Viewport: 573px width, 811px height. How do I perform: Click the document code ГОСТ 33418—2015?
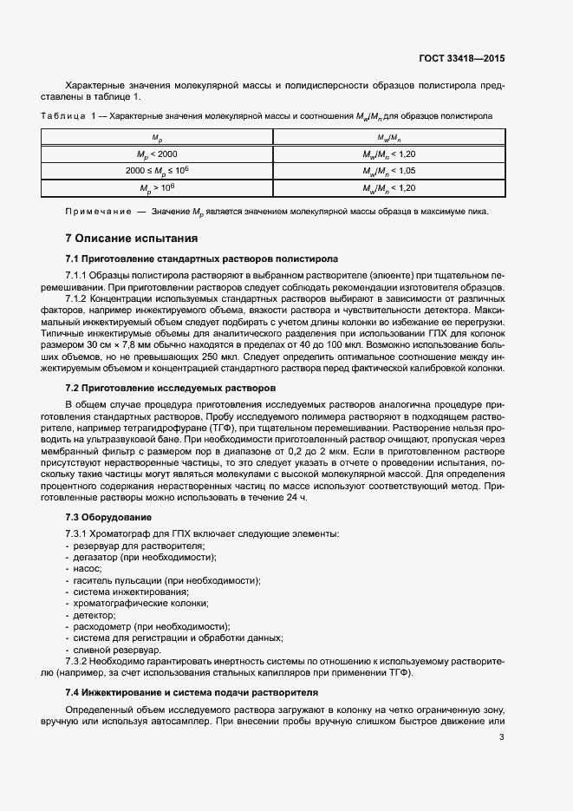click(x=461, y=59)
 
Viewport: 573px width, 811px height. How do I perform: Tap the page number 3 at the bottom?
click(x=501, y=737)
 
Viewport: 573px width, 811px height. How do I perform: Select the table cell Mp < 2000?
click(x=157, y=154)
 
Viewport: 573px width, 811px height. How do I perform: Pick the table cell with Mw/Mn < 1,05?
click(x=389, y=170)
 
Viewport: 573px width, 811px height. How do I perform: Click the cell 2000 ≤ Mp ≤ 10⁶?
click(x=157, y=170)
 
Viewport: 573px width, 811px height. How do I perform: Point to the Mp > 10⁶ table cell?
click(x=157, y=187)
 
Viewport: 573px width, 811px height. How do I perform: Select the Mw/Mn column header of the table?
click(x=389, y=137)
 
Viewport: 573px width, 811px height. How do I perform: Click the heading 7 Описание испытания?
click(x=133, y=238)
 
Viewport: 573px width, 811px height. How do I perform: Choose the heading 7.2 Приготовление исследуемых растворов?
click(x=172, y=389)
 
